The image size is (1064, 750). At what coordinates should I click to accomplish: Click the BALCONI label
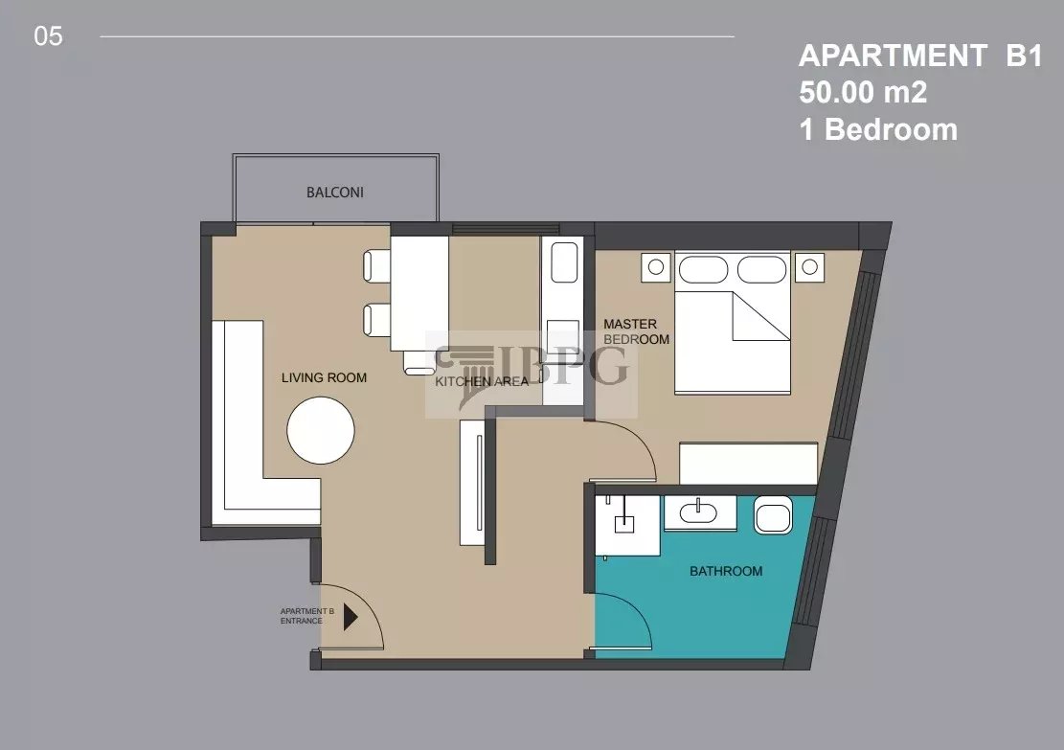point(335,193)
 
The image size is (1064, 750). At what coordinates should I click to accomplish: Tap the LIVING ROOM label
point(325,378)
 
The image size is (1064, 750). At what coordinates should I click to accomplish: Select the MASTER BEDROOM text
point(637,332)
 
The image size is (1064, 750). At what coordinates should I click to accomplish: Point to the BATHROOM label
point(726,572)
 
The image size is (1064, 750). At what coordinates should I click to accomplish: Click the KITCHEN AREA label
point(482,382)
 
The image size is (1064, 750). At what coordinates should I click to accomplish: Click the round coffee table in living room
point(321,430)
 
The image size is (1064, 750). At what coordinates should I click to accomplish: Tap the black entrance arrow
point(351,618)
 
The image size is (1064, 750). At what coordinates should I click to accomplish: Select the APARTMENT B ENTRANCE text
point(307,616)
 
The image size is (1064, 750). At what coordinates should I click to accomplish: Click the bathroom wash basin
point(698,511)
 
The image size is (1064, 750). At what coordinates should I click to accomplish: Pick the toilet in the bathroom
point(773,515)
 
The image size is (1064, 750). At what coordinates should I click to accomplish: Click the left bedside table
point(656,266)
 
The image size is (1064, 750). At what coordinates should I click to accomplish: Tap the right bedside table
point(809,266)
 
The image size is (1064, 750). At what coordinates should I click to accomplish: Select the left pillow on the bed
point(703,269)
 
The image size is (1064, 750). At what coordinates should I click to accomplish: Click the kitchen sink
point(565,262)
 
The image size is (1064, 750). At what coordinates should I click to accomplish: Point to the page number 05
point(48,36)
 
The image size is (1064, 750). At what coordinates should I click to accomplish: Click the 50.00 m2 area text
point(863,92)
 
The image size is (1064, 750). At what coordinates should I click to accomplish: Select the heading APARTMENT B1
point(920,56)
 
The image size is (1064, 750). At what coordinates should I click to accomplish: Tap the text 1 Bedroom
point(878,129)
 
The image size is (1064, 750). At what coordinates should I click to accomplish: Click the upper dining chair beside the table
point(376,266)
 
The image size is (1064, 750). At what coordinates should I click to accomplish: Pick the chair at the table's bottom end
point(419,362)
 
